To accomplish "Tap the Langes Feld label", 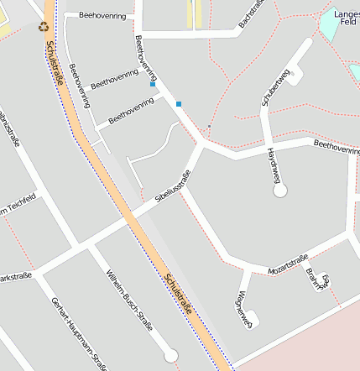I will [x=346, y=19].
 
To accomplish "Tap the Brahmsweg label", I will [x=317, y=278].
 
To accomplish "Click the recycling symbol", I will [x=44, y=26].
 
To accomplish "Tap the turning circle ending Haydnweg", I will [x=280, y=191].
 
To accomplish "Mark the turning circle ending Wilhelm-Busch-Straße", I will [x=171, y=356].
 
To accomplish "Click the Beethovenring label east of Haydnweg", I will [x=337, y=147].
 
